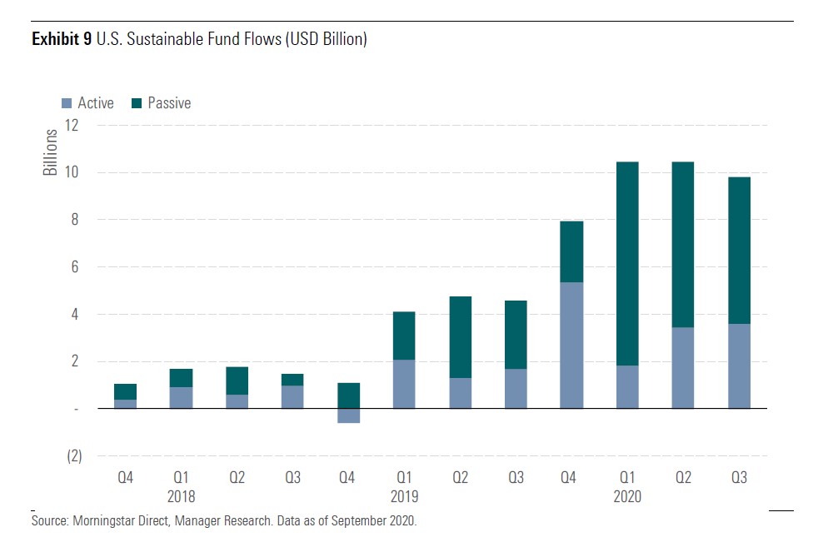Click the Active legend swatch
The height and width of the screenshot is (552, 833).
pos(67,104)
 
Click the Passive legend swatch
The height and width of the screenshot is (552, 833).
pos(137,104)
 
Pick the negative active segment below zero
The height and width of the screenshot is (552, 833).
pos(347,415)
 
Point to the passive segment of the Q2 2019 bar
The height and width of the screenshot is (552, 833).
pos(459,336)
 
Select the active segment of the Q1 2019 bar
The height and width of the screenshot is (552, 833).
pos(403,384)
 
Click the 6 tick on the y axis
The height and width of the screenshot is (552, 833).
pos(75,267)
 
